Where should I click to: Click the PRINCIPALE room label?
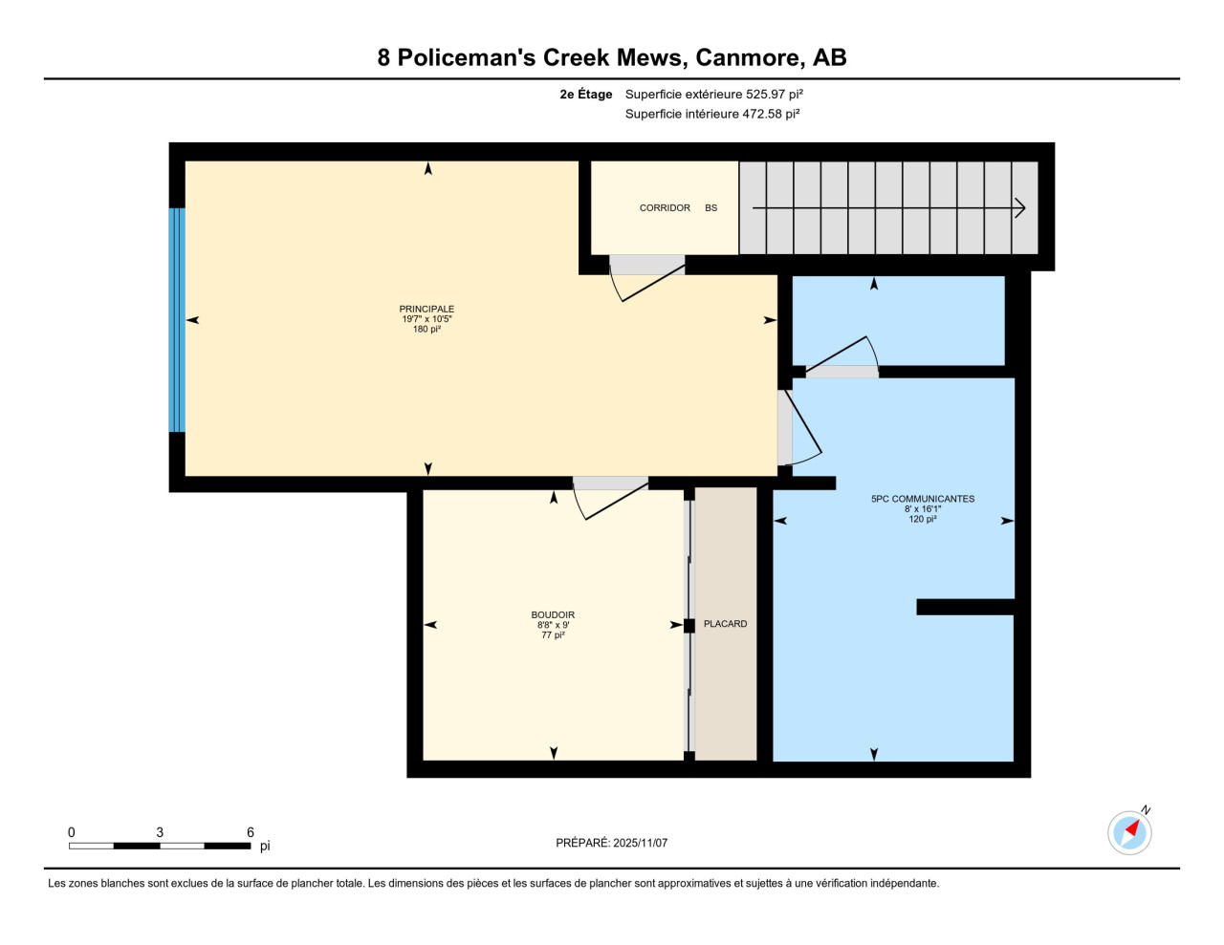click(426, 309)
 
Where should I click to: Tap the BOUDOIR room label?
click(553, 615)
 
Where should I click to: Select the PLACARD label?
click(725, 624)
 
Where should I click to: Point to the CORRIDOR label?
click(665, 207)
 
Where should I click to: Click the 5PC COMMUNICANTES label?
click(923, 499)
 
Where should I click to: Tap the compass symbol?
click(1129, 832)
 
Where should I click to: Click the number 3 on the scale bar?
click(160, 832)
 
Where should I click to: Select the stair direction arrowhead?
click(1020, 208)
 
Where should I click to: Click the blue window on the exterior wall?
click(177, 320)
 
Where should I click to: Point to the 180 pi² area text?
click(426, 330)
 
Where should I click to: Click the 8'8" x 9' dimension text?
click(553, 625)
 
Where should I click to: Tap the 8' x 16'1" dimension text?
click(923, 508)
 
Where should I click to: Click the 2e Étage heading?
click(586, 95)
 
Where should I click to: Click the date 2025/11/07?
click(640, 843)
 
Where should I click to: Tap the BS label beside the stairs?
click(710, 207)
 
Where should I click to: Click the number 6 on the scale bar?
click(251, 832)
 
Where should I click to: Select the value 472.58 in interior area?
click(762, 114)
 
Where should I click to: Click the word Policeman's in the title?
click(467, 57)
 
